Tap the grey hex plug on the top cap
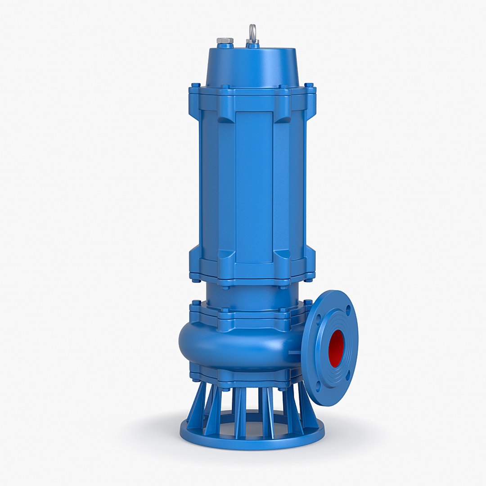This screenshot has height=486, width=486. click(225, 40)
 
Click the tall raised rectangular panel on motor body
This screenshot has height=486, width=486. click(254, 187)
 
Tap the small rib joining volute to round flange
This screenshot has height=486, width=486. click(295, 352)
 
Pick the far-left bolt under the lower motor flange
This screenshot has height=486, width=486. click(196, 280)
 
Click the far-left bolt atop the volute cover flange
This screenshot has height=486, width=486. click(196, 303)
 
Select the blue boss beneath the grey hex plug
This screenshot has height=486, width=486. click(225, 45)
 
